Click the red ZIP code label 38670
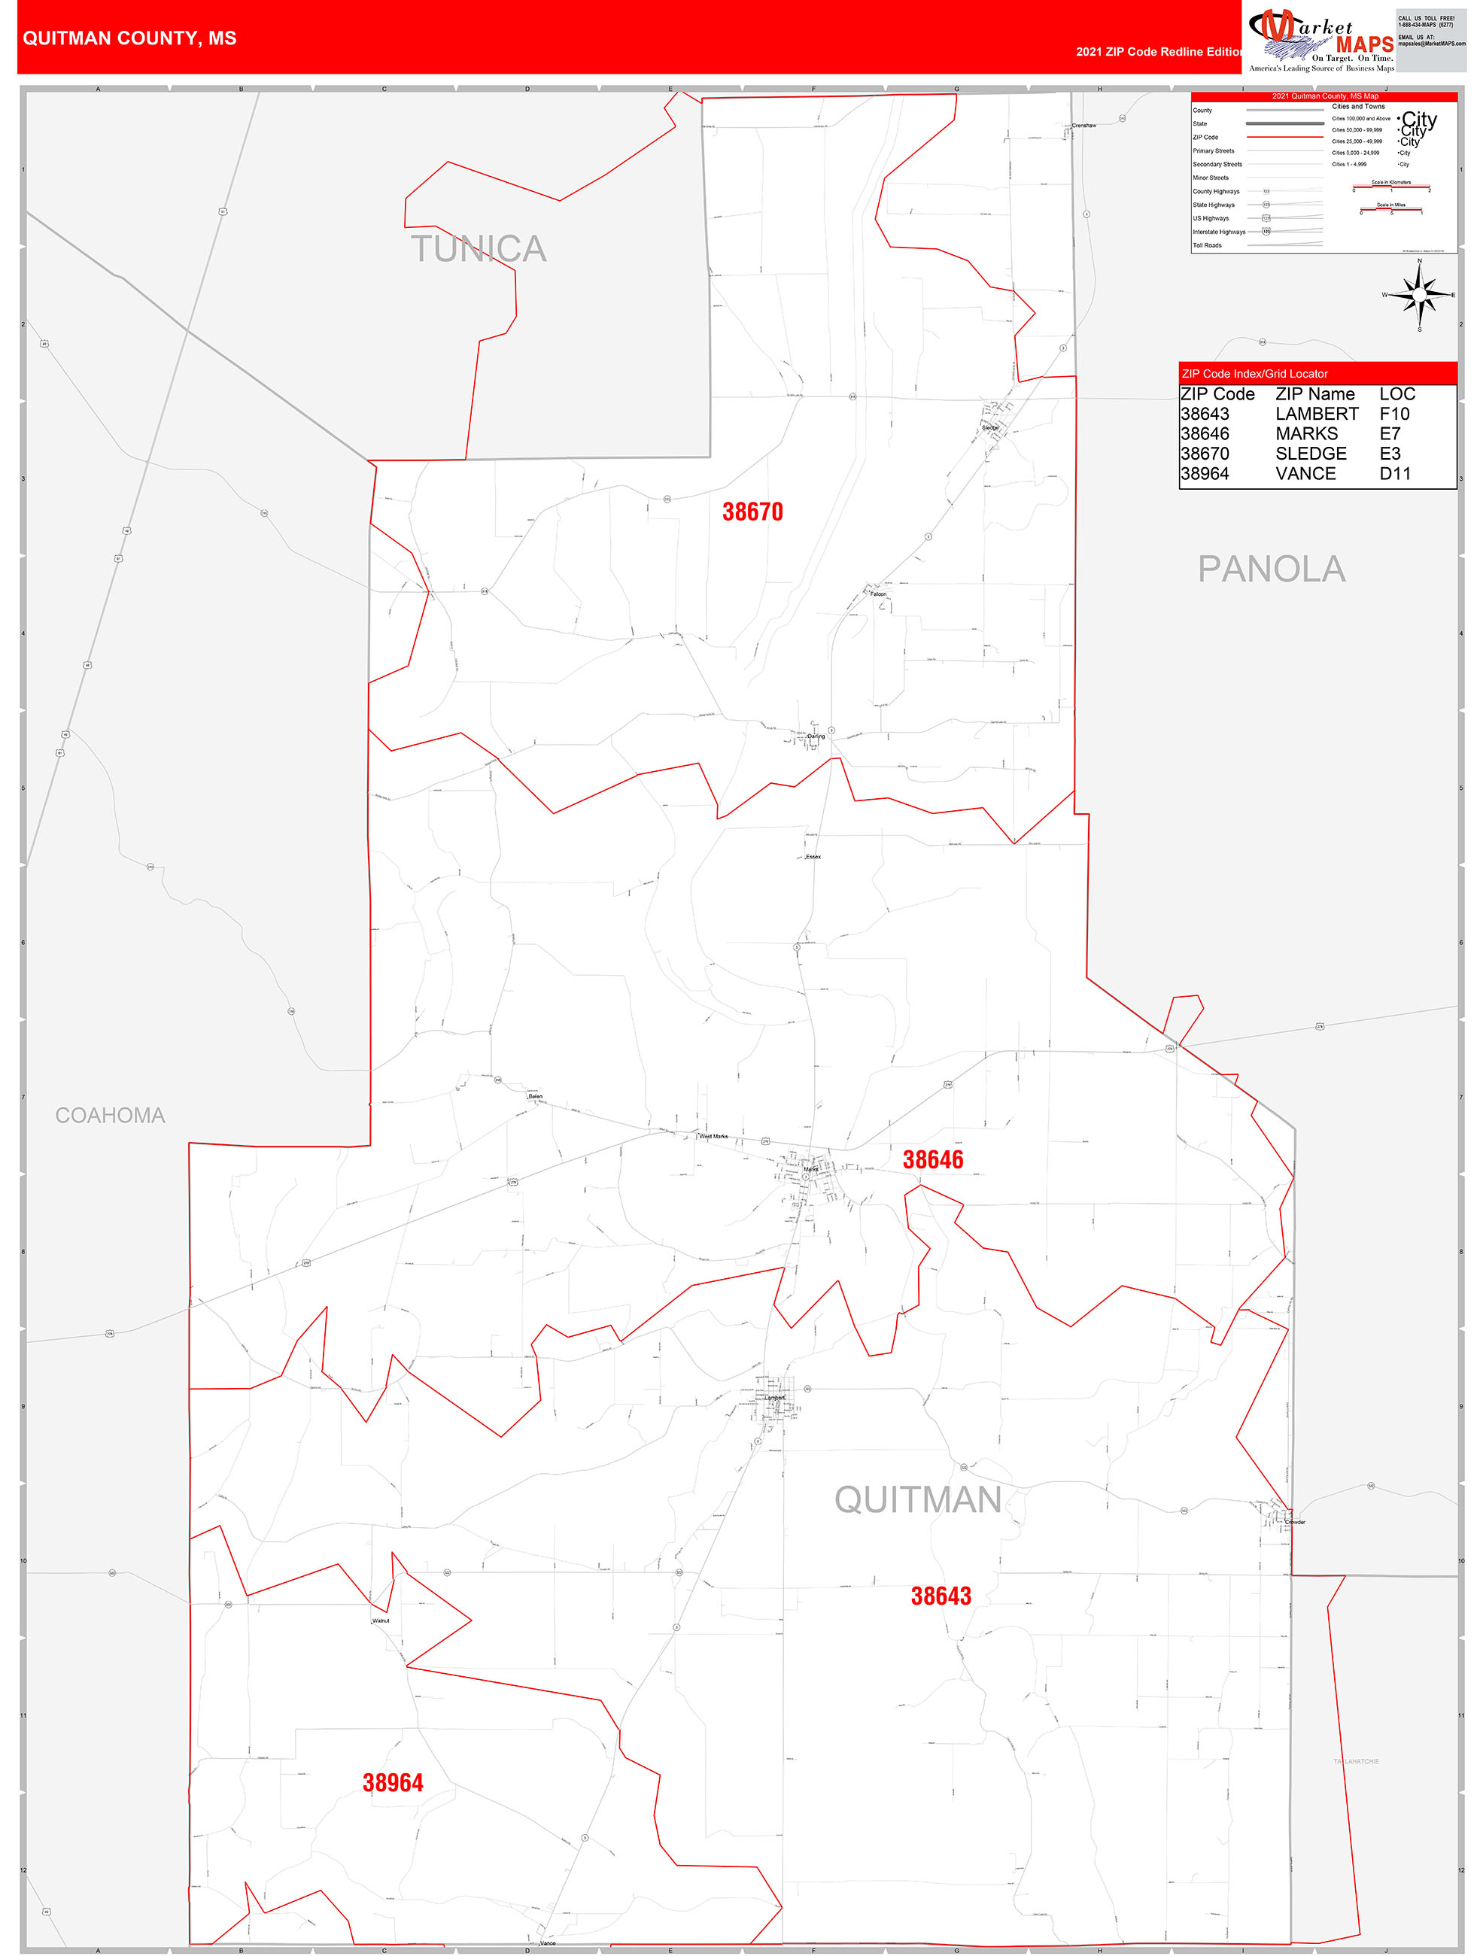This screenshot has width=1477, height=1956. point(752,512)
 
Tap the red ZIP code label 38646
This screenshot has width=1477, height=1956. point(932,1159)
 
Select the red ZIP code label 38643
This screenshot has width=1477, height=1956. point(941,1596)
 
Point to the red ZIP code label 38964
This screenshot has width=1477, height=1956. point(393,1783)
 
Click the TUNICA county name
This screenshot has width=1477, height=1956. point(479,249)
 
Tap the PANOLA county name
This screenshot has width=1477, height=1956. point(1271,569)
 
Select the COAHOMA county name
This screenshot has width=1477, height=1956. point(110,1116)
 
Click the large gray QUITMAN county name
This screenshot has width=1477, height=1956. point(917,1501)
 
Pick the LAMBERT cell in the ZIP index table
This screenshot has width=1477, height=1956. point(1316,414)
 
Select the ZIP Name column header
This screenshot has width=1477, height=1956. point(1314,394)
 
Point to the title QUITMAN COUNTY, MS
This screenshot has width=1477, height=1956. point(129,38)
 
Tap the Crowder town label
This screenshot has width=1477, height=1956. point(1295,1522)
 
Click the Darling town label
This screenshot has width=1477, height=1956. point(816,736)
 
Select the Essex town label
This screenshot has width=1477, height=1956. point(813,857)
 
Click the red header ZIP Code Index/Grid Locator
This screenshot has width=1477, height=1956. point(1254,374)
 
